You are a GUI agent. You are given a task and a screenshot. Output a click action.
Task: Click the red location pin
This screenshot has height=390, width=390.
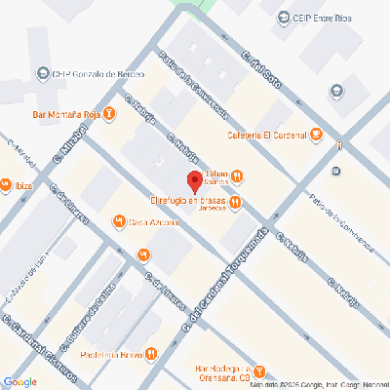click(194, 181)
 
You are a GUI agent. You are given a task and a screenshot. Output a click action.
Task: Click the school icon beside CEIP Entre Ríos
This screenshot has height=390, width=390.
click(284, 17)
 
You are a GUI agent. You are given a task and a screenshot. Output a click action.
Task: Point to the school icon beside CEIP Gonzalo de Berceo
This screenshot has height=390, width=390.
click(42, 74)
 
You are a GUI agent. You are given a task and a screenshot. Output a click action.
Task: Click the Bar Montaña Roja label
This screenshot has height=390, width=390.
click(66, 114)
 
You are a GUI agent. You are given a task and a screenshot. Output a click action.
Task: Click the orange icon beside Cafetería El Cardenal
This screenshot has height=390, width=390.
click(316, 136)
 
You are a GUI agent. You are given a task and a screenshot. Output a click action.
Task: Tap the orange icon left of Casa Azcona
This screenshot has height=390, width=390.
click(119, 221)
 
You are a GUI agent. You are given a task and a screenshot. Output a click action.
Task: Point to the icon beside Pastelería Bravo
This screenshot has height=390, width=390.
click(152, 353)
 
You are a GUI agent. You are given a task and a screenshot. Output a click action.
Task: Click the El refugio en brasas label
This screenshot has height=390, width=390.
click(188, 202)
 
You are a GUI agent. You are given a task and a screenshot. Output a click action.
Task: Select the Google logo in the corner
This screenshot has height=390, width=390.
click(19, 381)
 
